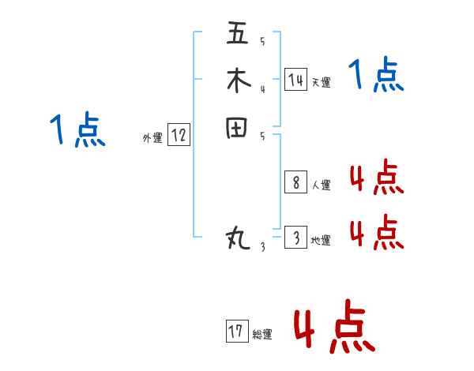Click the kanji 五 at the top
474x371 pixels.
238,34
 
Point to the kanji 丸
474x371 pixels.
238,237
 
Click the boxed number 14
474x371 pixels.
295,80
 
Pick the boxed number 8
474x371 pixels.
295,183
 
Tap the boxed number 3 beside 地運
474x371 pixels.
295,238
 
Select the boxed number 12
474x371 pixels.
179,136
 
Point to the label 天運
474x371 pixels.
321,82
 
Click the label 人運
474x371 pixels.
321,185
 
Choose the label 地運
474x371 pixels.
321,240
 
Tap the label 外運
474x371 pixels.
152,138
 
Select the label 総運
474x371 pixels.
262,335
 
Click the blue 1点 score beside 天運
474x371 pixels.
376,76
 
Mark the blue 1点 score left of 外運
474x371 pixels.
77,130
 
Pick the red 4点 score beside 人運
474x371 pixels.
376,178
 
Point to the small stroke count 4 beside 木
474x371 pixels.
262,88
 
